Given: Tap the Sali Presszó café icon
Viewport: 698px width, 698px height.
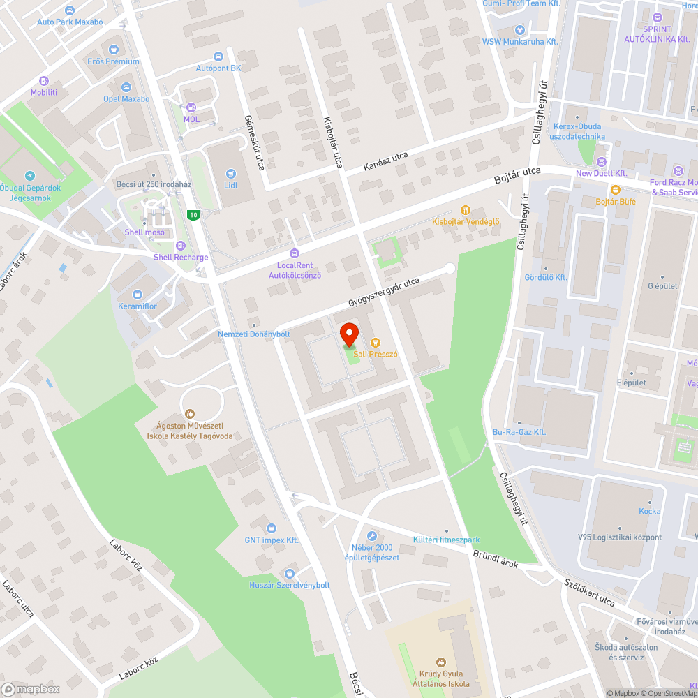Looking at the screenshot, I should [x=376, y=342].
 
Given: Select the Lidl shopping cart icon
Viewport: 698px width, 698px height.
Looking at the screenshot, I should [x=231, y=173].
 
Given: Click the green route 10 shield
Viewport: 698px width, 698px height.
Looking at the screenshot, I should [x=193, y=214].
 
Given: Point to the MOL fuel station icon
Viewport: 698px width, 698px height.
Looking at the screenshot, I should [x=191, y=107].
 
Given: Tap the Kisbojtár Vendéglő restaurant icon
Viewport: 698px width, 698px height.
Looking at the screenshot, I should [x=466, y=210].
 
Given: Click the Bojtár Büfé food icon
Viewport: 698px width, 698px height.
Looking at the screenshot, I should [x=615, y=190].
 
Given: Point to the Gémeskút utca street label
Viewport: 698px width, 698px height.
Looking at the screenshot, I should [x=256, y=144].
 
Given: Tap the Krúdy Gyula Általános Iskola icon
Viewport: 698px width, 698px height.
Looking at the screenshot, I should [x=440, y=662].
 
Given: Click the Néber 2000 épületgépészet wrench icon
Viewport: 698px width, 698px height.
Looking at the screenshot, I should [x=372, y=536].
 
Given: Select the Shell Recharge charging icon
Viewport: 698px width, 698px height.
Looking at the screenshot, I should [x=181, y=245].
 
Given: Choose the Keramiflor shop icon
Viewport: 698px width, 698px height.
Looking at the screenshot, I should [x=137, y=295].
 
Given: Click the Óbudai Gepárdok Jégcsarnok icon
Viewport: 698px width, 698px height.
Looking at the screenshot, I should [x=29, y=175].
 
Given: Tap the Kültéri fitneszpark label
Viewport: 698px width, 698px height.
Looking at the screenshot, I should [x=446, y=540].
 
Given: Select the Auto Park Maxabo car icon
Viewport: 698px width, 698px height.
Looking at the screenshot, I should [x=69, y=10].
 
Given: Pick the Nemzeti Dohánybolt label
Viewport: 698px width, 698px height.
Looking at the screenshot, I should [x=253, y=334].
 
